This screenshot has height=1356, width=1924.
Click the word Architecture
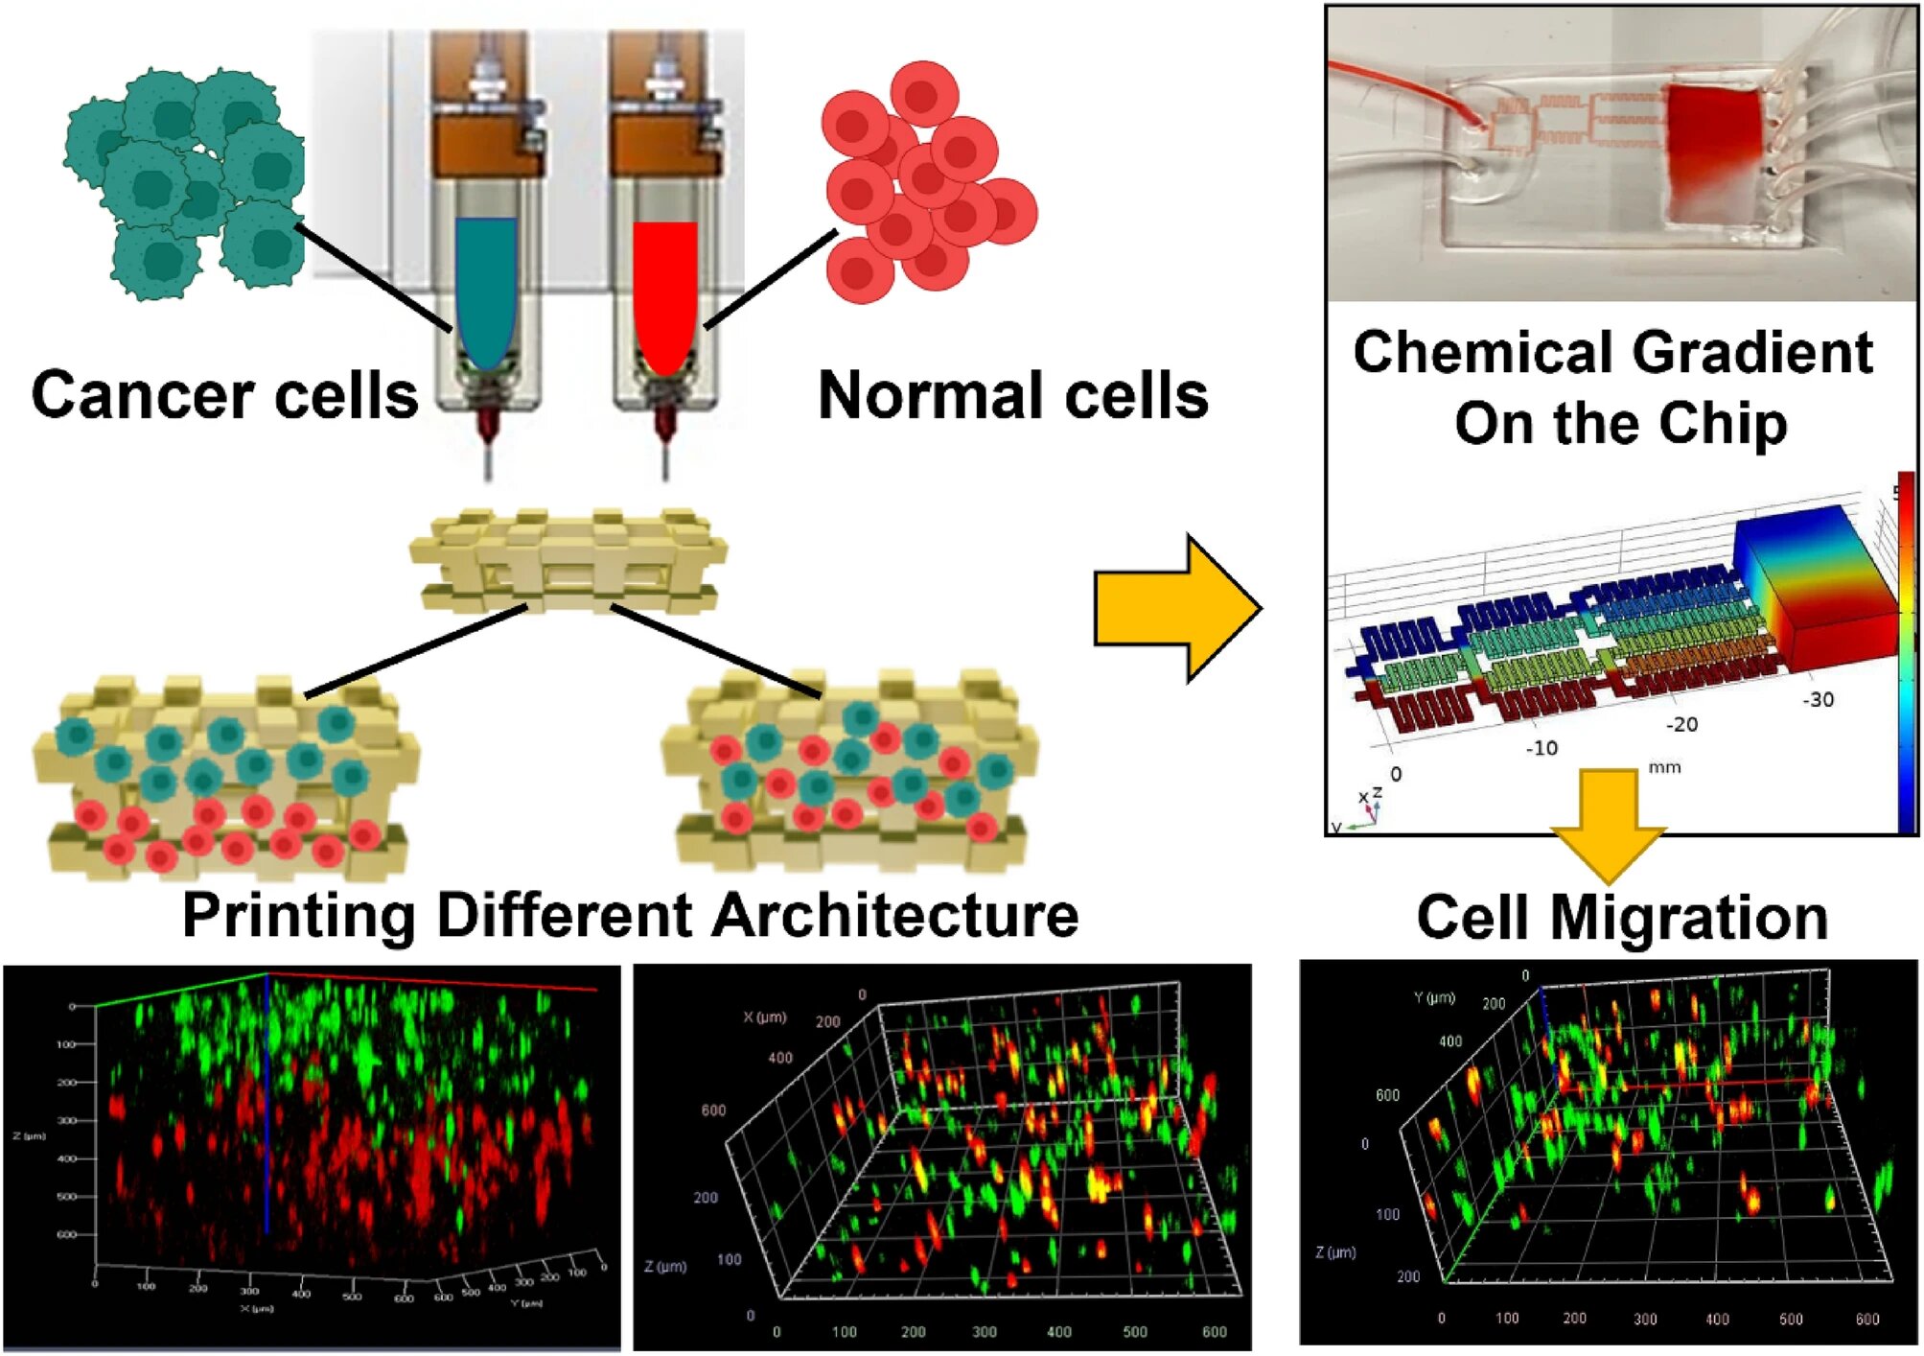896,915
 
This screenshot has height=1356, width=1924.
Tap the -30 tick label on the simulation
1818,699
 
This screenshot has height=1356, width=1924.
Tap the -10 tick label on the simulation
1542,747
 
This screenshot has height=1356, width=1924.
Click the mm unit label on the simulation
1664,767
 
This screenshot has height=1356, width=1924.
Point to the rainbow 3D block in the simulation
1815,585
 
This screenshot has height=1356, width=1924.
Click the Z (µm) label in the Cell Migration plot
1335,1251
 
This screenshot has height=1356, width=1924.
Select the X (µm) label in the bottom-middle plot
764,1017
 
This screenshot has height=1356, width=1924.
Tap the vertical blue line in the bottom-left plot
267,1103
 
